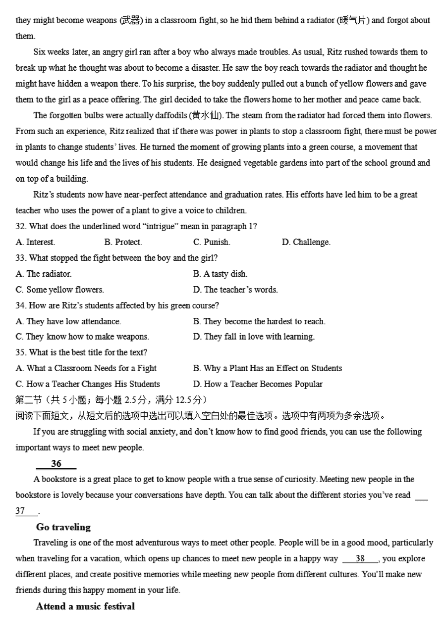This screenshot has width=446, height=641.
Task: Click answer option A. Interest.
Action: (x=35, y=242)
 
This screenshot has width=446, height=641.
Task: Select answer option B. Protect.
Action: (x=123, y=242)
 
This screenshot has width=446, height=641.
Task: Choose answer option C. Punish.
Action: (x=212, y=242)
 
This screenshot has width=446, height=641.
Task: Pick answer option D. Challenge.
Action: (x=306, y=242)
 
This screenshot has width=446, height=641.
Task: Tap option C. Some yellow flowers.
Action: (x=59, y=290)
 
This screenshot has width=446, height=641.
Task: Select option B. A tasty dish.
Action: (x=220, y=274)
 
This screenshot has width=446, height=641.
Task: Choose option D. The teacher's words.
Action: (x=235, y=290)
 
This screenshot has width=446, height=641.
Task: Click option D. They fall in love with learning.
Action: (x=254, y=337)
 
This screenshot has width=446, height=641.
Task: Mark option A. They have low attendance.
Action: (x=68, y=321)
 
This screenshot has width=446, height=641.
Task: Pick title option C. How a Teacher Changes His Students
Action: (x=88, y=384)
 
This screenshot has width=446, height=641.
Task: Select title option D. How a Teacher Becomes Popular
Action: (x=258, y=384)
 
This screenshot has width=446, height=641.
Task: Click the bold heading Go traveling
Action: (x=63, y=527)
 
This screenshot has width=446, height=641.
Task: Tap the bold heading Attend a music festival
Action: (x=85, y=606)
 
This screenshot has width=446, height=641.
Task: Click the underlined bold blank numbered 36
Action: (x=56, y=464)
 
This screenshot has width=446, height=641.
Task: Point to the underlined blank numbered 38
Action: (x=360, y=559)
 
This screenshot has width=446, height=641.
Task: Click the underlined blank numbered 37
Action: (x=20, y=511)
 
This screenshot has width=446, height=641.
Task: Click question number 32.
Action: (x=20, y=226)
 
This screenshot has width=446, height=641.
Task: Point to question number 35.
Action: (x=20, y=352)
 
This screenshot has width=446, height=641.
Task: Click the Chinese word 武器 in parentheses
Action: (x=131, y=20)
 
